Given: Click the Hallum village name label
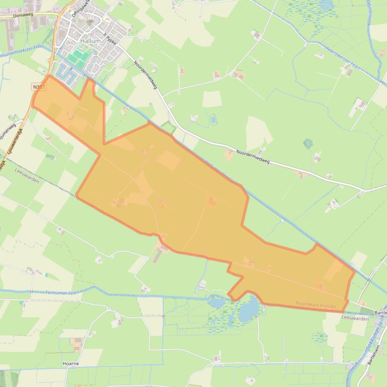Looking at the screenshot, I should [x=90, y=41].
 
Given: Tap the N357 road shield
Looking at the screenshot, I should [x=38, y=87].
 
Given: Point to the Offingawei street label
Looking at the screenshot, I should [x=80, y=9].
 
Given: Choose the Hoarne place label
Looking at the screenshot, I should [x=70, y=363].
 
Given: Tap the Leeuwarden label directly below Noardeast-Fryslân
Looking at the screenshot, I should [x=355, y=318].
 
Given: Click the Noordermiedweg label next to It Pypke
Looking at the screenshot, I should [x=146, y=75].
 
